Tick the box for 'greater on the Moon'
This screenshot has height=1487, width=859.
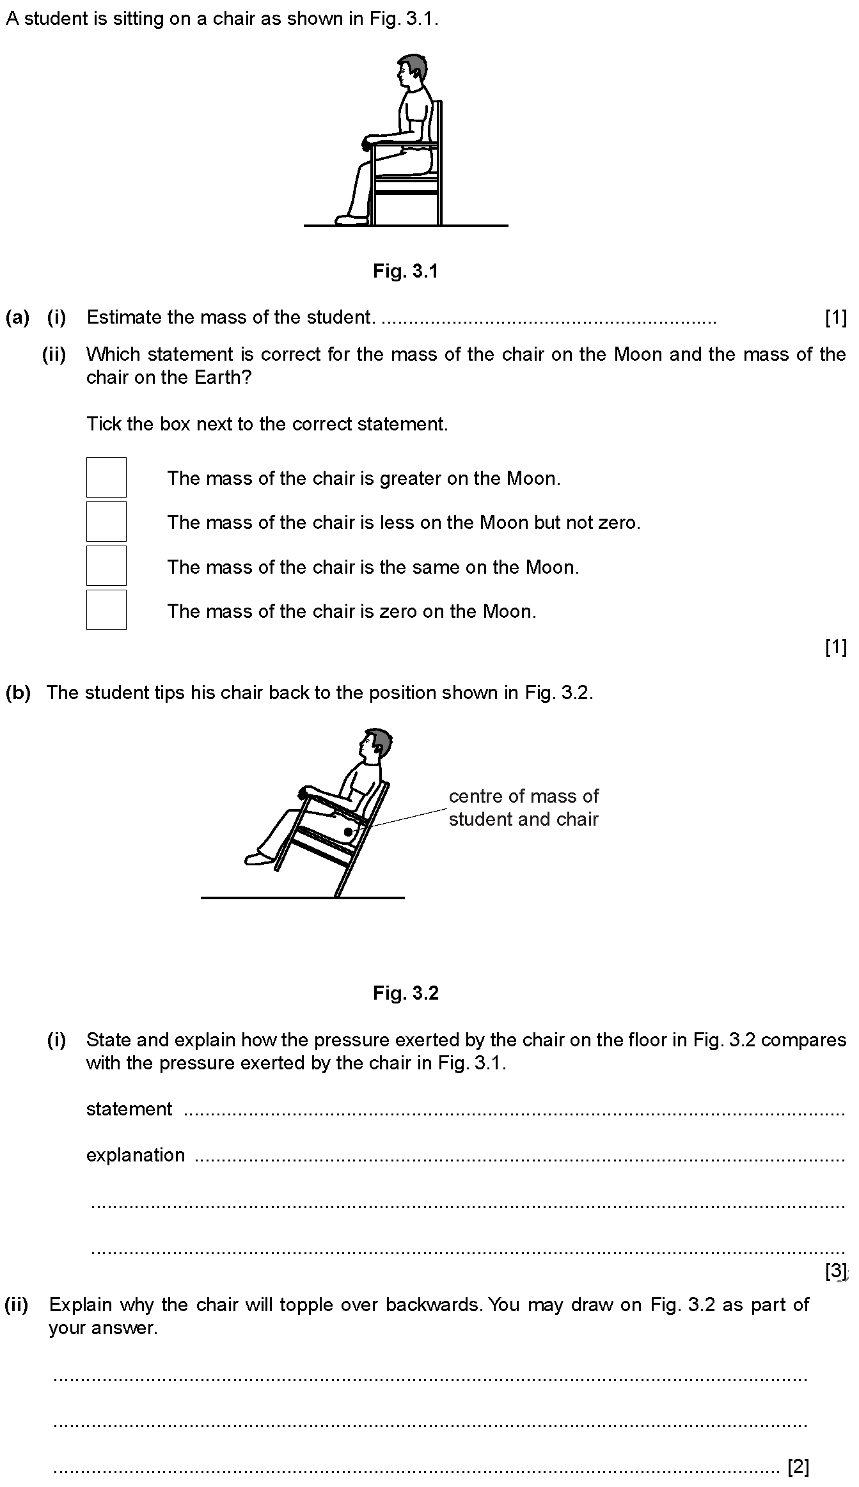106,477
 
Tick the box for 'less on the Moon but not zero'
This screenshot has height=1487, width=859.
106,521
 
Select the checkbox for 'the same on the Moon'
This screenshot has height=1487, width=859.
106,565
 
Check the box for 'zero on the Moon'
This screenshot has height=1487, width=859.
106,610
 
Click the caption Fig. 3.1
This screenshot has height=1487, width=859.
406,271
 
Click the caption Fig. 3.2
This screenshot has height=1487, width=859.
406,993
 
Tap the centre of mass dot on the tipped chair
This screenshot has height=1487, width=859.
348,832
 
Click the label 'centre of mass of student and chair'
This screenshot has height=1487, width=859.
523,807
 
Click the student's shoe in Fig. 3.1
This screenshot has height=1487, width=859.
352,219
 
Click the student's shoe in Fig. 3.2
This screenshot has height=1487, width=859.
258,858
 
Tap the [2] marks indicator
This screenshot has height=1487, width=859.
798,1466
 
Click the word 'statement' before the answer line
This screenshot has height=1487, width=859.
129,1108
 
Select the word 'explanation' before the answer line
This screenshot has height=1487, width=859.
136,1154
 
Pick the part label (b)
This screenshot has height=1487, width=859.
18,693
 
